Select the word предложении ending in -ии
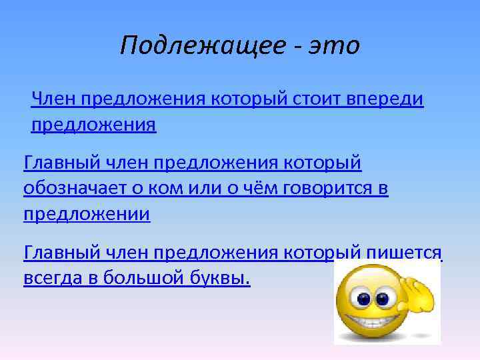pos(87,214)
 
